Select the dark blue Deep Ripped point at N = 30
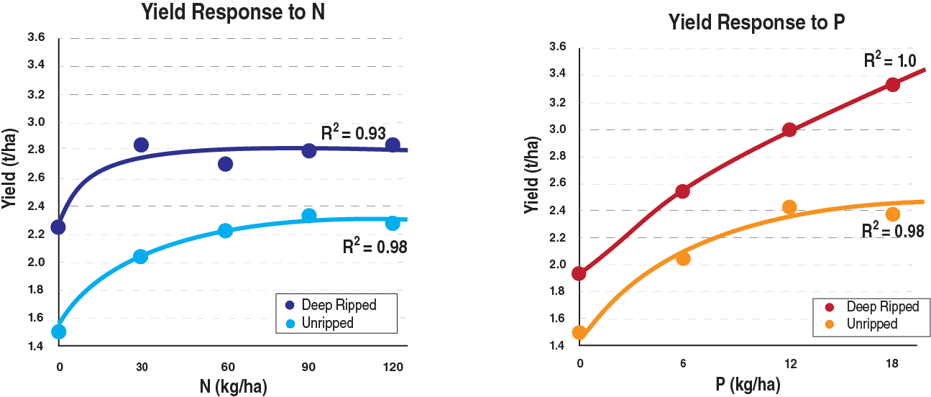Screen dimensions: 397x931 (x=141, y=145)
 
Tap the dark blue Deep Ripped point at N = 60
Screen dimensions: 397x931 (x=225, y=164)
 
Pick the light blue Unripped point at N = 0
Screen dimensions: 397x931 (x=59, y=332)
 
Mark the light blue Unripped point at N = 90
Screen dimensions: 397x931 (x=309, y=216)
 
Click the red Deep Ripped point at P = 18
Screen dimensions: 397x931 (x=893, y=84)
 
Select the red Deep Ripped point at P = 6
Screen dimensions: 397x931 (x=683, y=191)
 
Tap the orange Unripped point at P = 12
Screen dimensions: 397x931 (x=789, y=207)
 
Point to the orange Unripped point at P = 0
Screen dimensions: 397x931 (x=579, y=332)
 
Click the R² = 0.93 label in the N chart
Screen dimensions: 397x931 (x=354, y=133)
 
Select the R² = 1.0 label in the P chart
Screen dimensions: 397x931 (x=889, y=61)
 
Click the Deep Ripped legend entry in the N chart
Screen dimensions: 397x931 (x=338, y=304)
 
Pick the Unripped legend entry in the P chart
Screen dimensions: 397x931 (x=871, y=324)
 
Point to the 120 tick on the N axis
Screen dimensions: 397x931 (x=393, y=368)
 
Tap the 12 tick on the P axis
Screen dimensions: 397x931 (x=789, y=365)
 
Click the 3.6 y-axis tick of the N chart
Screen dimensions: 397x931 (x=35, y=38)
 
